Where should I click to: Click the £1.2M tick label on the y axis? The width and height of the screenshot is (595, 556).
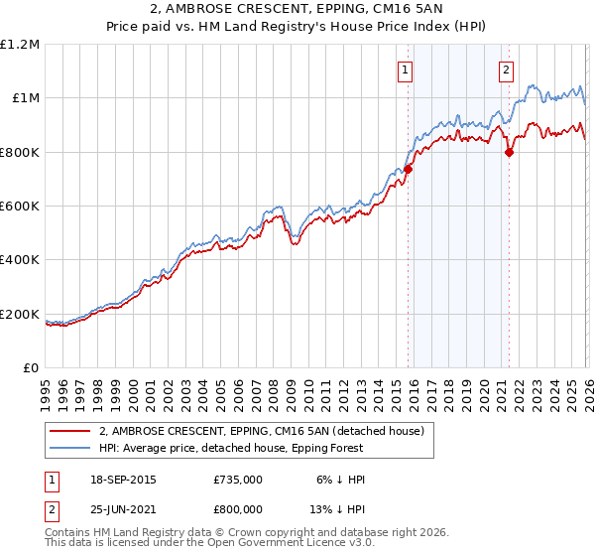pyautogui.click(x=20, y=44)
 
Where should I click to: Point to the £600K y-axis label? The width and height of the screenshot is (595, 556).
pyautogui.click(x=20, y=206)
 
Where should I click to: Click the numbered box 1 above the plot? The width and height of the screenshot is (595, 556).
pyautogui.click(x=407, y=69)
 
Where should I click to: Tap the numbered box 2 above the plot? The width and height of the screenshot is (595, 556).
pyautogui.click(x=507, y=69)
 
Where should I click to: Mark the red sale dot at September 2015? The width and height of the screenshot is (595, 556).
pyautogui.click(x=408, y=170)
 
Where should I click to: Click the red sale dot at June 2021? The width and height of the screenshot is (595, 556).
pyautogui.click(x=509, y=152)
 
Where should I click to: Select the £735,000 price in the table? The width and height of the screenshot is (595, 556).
pyautogui.click(x=238, y=480)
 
